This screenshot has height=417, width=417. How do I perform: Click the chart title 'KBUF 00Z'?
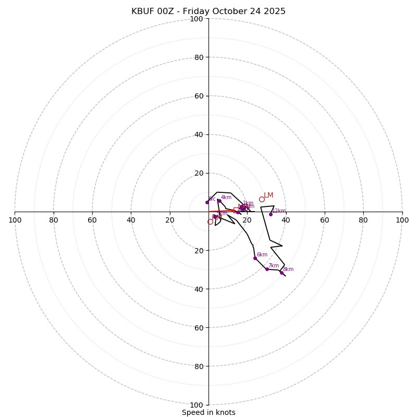(x=208, y=11)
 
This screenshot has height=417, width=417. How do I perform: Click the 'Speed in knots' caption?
(x=208, y=412)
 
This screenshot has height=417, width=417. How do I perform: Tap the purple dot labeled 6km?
(x=255, y=258)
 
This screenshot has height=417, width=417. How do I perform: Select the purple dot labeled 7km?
(x=267, y=269)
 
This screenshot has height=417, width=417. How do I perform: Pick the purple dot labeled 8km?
(x=281, y=273)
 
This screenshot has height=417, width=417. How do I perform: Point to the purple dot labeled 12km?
(x=271, y=214)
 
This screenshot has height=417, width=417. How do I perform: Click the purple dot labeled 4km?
(x=219, y=201)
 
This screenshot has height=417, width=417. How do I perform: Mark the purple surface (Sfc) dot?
(x=207, y=202)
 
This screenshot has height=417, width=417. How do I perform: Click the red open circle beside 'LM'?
(x=262, y=199)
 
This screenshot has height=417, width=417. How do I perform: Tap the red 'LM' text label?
(x=268, y=195)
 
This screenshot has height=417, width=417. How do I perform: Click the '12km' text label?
(x=279, y=211)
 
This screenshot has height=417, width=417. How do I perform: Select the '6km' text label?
(x=262, y=255)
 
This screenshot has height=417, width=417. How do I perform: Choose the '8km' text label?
(x=288, y=269)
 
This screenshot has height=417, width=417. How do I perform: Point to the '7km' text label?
(x=274, y=266)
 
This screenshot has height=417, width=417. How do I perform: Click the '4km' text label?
(x=226, y=198)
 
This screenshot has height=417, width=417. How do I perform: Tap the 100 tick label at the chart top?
(x=197, y=19)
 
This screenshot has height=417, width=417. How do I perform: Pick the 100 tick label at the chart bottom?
(x=197, y=405)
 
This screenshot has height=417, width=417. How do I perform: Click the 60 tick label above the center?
(x=199, y=96)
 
